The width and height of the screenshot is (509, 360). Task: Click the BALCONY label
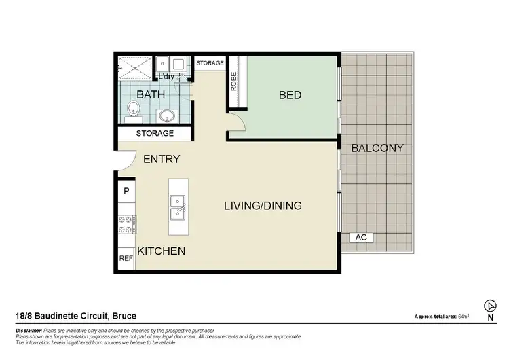[x=377, y=148]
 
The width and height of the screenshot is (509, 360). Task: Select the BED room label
[x=290, y=96]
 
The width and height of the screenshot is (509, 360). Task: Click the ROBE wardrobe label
[x=234, y=82]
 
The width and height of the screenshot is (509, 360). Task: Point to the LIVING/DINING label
[x=263, y=206]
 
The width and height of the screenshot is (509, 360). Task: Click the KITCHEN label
[x=162, y=251]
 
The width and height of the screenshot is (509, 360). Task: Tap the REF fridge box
[x=126, y=258]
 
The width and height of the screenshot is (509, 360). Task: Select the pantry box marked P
[x=126, y=192]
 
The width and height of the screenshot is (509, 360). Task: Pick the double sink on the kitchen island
[x=178, y=207]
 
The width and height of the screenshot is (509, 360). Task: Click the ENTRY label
[x=162, y=159]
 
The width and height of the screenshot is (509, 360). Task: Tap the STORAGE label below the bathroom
[x=155, y=134]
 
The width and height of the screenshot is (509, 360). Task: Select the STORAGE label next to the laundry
[x=210, y=63]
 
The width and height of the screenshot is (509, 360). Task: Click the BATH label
[x=151, y=94]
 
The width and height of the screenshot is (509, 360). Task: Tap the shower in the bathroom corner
[x=135, y=67]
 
